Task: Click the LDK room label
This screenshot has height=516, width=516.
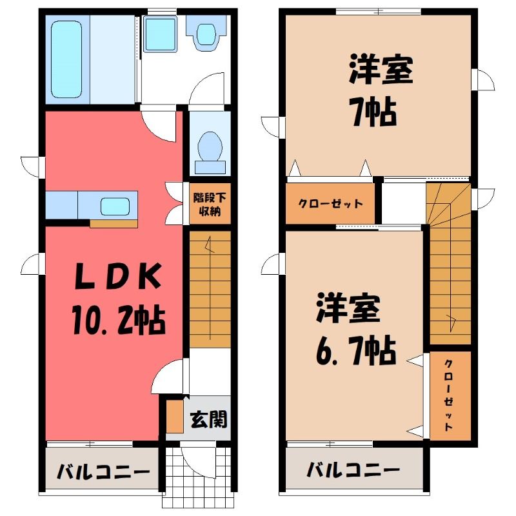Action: pyautogui.click(x=118, y=277)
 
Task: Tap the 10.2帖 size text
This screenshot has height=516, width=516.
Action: pyautogui.click(x=119, y=320)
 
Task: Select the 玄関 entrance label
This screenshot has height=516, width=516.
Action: pyautogui.click(x=209, y=419)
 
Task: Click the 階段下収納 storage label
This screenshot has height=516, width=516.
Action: pyautogui.click(x=210, y=204)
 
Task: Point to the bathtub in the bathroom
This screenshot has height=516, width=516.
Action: pyautogui.click(x=66, y=59)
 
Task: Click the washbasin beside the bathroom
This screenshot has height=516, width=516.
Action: pyautogui.click(x=160, y=35)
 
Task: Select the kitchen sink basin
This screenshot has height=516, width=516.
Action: pyautogui.click(x=115, y=206)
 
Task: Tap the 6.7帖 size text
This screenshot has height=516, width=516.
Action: pyautogui.click(x=356, y=350)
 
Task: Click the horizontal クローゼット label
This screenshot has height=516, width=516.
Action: pyautogui.click(x=330, y=204)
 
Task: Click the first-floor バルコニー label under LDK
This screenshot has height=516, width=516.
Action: pyautogui.click(x=103, y=472)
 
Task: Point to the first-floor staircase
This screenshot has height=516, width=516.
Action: pyautogui.click(x=210, y=289)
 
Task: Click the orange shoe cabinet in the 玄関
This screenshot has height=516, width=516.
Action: pyautogui.click(x=174, y=416)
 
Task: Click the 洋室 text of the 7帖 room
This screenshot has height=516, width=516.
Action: pyautogui.click(x=381, y=70)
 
